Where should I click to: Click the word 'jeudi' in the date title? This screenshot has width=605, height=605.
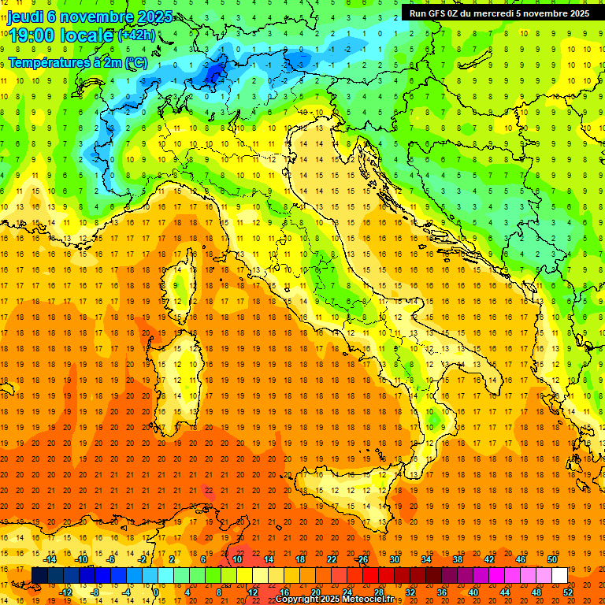(x=25, y=17)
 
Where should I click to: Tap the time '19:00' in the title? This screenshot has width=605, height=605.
(x=34, y=35)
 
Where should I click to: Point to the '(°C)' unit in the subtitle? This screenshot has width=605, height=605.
(x=134, y=62)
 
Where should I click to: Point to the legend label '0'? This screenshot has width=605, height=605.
(x=156, y=592)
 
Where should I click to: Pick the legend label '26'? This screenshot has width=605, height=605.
(x=363, y=559)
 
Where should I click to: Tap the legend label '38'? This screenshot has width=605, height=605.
(x=457, y=559)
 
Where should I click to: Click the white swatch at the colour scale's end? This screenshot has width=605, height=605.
(x=559, y=575)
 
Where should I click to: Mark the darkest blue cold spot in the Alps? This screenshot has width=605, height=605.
(x=213, y=75)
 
